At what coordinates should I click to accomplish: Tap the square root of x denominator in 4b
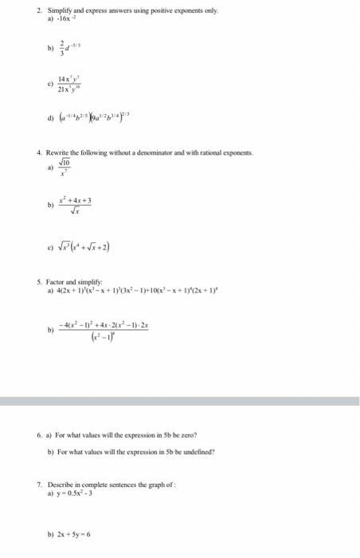[x=76, y=212]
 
